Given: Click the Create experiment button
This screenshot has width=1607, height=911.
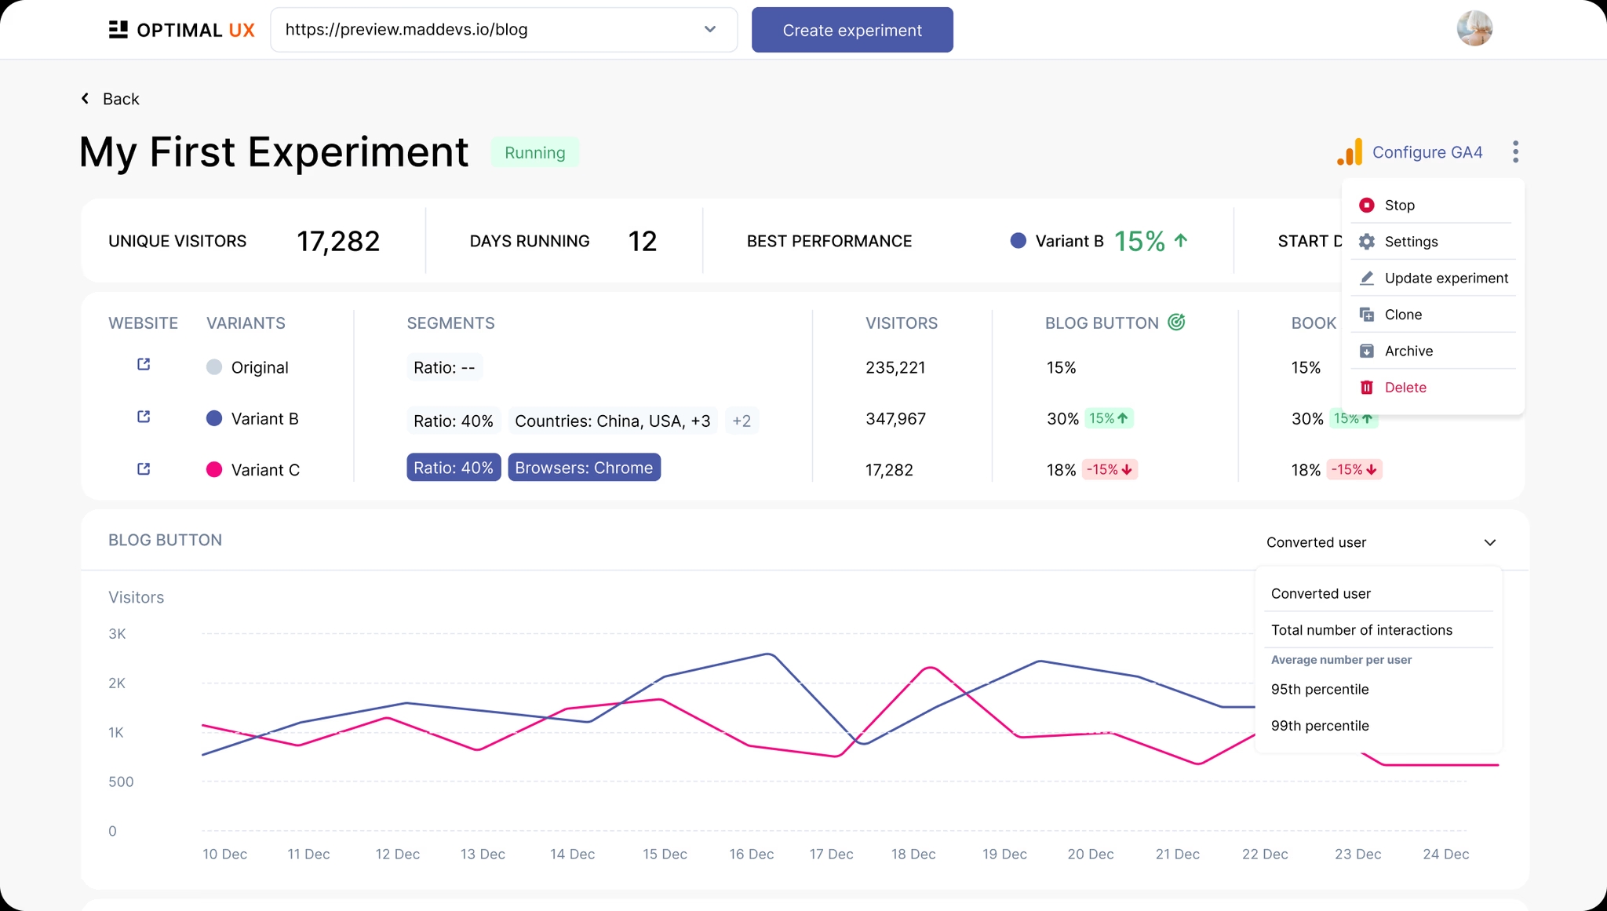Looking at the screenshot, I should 852,31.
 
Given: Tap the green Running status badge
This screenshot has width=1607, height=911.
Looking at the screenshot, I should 534,153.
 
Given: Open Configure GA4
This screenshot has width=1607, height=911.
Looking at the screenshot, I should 1426,152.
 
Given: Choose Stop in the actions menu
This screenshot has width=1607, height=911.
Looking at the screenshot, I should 1399,206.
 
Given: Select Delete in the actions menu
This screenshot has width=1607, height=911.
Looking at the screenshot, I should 1405,388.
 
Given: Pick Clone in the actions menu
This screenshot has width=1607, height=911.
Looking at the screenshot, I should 1402,315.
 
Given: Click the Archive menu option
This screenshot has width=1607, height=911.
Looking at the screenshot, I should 1408,352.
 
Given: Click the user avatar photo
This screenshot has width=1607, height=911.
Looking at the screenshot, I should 1474,29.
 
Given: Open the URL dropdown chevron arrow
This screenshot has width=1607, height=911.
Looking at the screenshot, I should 710,30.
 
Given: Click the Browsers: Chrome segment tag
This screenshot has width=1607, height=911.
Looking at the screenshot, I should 584,468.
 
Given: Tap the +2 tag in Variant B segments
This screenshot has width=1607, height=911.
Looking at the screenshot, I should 742,421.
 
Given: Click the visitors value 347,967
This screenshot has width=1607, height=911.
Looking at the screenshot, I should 895,419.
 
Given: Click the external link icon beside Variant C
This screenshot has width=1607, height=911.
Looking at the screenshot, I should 144,469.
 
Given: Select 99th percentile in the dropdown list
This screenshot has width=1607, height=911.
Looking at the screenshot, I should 1320,726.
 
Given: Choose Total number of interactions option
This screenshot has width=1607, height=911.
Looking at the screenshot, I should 1361,630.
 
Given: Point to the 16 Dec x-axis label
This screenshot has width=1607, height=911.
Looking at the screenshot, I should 751,855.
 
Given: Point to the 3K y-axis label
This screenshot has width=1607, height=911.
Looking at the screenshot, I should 117,634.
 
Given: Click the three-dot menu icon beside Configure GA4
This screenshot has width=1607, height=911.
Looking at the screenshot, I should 1515,152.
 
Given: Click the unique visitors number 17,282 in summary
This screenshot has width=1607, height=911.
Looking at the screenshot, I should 338,242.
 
